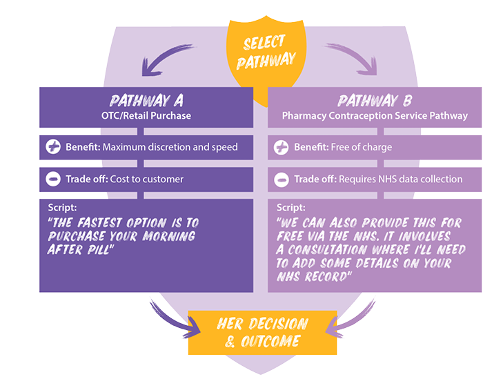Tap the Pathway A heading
[x=146, y=101]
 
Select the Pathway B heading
[x=375, y=101]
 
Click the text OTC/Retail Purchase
[x=146, y=115]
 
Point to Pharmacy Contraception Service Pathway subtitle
[x=375, y=115]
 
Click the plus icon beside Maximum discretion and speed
[x=53, y=147]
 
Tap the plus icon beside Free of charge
[x=282, y=147]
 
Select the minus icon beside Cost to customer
[x=53, y=179]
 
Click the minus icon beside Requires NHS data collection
[x=282, y=180]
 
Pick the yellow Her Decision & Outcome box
[x=262, y=333]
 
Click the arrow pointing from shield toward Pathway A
[x=164, y=59]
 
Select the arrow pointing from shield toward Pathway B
[x=353, y=59]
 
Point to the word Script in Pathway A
[x=62, y=208]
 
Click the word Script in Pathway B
[x=291, y=208]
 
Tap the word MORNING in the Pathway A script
[x=169, y=236]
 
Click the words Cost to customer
[x=146, y=179]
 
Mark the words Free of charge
[x=362, y=147]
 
